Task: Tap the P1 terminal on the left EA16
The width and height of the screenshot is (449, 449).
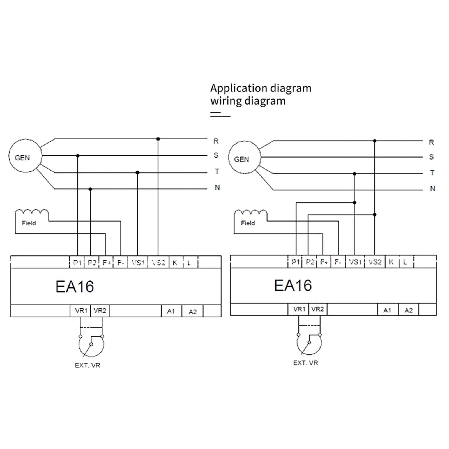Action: tap(77, 263)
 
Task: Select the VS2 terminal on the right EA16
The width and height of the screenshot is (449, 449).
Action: tap(375, 262)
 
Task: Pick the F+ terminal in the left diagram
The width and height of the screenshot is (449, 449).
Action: tap(106, 263)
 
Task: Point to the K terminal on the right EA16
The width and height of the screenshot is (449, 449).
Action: tap(392, 262)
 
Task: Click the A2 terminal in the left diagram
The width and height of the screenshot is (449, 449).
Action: tap(192, 311)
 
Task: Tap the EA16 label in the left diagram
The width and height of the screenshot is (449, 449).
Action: tap(75, 286)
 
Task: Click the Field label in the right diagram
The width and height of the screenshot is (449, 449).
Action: tap(248, 223)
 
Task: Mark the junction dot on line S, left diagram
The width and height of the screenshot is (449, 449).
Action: tap(78, 156)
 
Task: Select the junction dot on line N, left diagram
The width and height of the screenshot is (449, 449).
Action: tap(90, 189)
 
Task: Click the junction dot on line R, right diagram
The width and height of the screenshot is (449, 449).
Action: tap(375, 141)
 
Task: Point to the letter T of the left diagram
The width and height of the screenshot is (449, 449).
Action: tap(217, 171)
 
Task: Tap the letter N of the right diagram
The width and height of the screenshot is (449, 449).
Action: tap(433, 188)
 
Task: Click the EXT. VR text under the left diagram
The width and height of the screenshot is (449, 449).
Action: tap(88, 365)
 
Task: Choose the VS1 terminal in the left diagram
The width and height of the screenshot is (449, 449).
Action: tap(138, 263)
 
